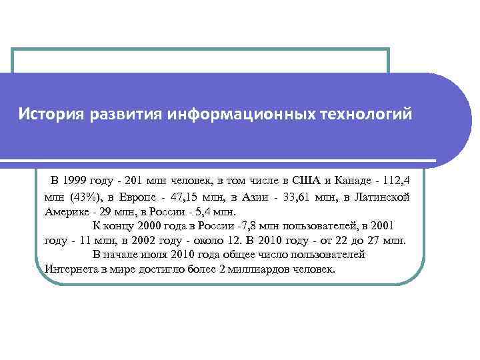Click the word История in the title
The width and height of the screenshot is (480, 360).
click(x=47, y=114)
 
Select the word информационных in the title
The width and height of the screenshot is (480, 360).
click(x=238, y=114)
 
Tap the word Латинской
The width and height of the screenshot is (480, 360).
click(x=383, y=196)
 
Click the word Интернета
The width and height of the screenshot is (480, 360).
click(x=72, y=269)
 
